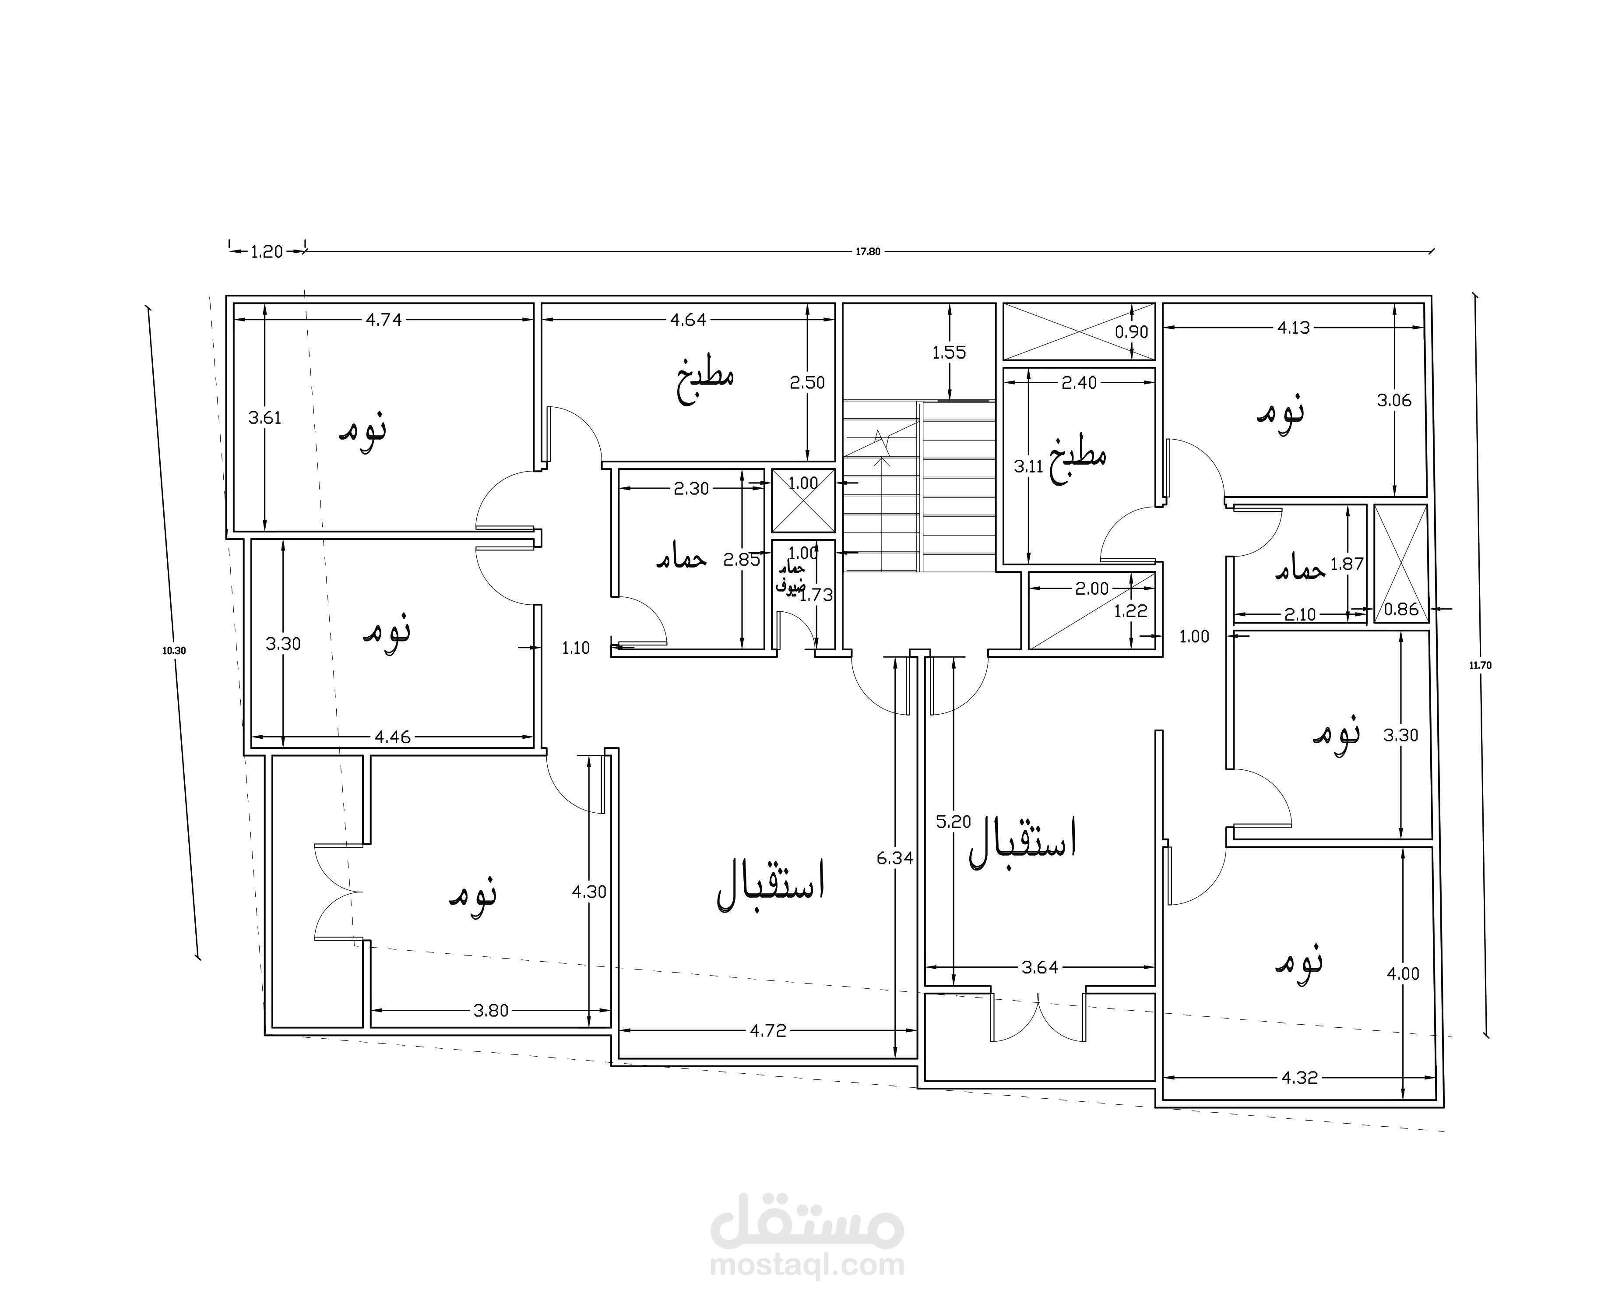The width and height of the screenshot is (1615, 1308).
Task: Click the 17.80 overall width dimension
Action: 867,252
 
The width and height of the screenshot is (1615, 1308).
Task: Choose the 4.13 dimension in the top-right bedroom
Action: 1293,328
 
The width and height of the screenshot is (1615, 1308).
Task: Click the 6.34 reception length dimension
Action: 895,857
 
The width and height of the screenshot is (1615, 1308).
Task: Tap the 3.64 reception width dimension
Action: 1039,967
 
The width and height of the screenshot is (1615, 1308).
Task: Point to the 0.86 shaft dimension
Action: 1401,610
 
